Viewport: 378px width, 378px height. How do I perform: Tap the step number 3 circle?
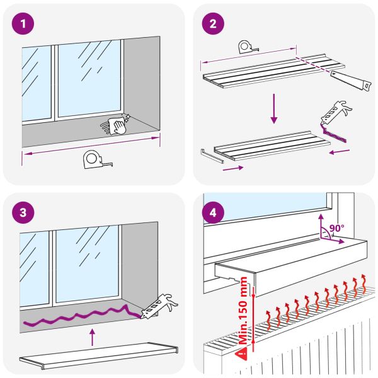(23, 212)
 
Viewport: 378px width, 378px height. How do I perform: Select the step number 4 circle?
(212, 212)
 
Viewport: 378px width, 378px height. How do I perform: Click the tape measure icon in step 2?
(246, 48)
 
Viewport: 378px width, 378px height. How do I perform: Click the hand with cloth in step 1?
(117, 125)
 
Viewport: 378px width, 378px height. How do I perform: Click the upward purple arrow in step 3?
(92, 336)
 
